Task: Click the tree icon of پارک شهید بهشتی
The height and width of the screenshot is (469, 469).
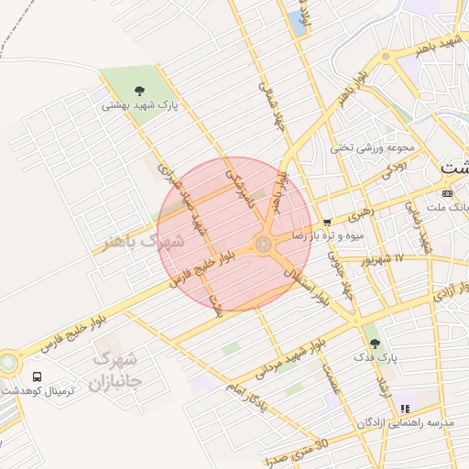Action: tap(139, 90)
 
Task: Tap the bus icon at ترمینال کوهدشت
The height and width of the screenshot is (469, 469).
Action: tap(38, 376)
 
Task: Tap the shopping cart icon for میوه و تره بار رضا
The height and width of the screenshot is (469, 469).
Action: tap(327, 222)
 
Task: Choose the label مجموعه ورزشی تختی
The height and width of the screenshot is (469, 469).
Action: tap(373, 147)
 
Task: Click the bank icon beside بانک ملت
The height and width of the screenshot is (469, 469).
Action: tap(446, 193)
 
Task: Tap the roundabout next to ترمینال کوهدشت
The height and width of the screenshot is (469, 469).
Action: tap(8, 363)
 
